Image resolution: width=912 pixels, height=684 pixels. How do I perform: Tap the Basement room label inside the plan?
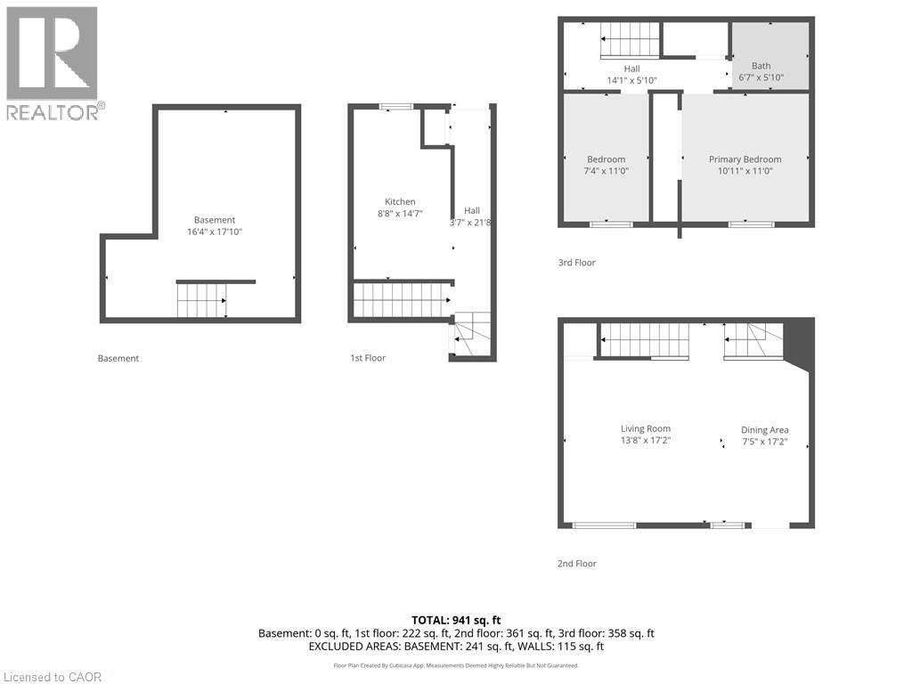[x=215, y=220]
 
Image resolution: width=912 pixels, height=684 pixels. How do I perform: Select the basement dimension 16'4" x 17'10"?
[x=215, y=232]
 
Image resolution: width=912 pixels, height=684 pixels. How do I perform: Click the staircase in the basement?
[x=200, y=300]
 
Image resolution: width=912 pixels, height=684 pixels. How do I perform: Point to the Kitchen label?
[x=400, y=201]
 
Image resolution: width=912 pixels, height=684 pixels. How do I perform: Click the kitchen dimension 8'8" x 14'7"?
[x=400, y=213]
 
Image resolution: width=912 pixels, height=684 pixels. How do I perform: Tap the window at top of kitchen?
[x=396, y=107]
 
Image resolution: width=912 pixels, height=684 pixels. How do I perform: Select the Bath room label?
[x=761, y=66]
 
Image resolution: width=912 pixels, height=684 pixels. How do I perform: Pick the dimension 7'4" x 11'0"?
[x=606, y=171]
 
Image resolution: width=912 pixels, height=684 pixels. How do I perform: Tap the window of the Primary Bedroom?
[x=751, y=224]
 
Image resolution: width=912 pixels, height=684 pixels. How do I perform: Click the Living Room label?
[x=646, y=428]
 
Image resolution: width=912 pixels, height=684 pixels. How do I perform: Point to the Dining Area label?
[x=764, y=429]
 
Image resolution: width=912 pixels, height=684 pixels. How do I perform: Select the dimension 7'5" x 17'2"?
[x=764, y=441]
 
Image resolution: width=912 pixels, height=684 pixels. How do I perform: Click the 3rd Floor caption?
[x=576, y=263]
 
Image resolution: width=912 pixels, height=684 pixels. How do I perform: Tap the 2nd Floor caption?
[x=576, y=564]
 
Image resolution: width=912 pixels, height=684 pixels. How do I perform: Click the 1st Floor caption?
[x=368, y=358]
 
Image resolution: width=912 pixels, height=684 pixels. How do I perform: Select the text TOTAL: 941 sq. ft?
[x=456, y=620]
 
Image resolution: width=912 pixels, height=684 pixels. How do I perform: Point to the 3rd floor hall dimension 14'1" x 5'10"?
[x=631, y=80]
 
